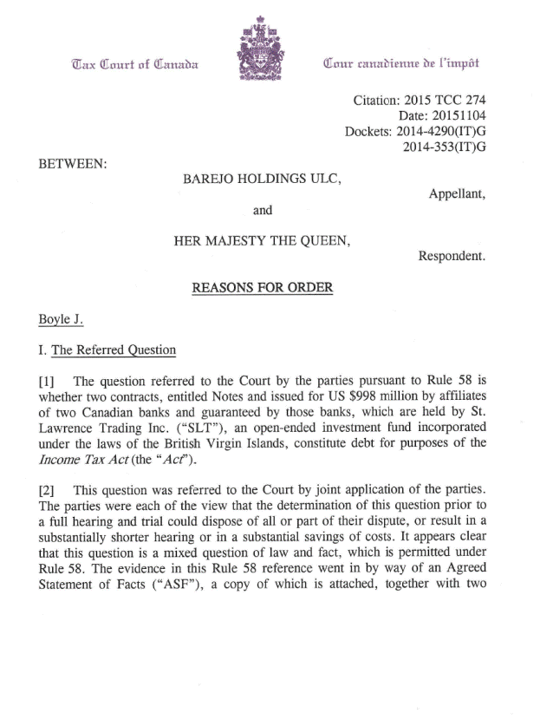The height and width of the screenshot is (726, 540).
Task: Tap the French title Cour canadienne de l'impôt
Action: (400, 63)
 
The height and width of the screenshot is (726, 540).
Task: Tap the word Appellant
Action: (456, 195)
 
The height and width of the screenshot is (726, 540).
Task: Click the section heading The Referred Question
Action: (114, 350)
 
